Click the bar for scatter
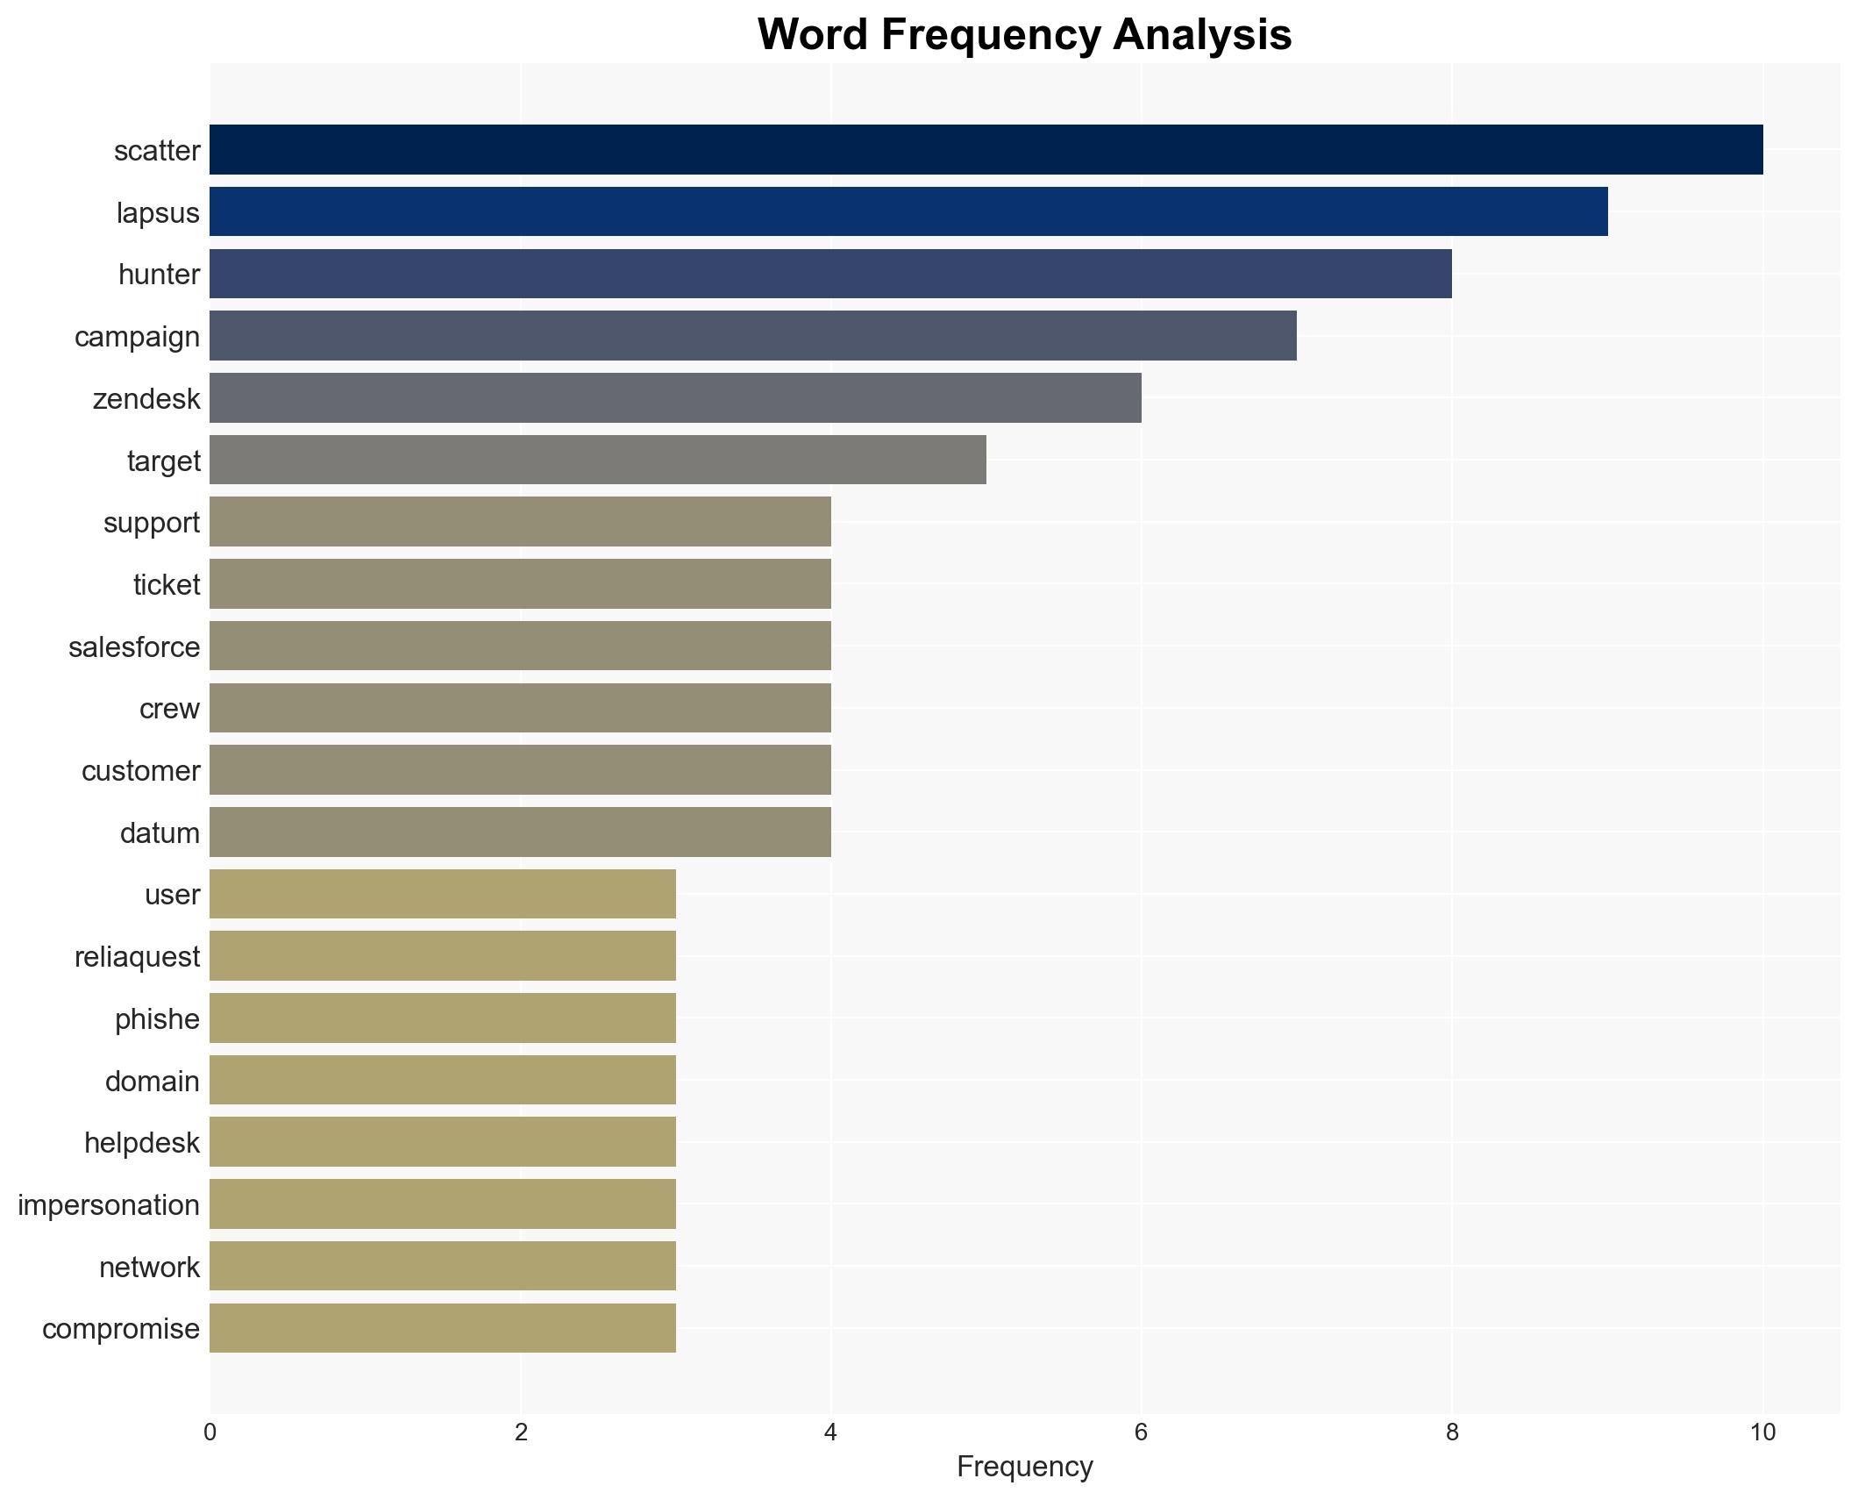986,150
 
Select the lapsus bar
908,212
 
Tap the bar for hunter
830,274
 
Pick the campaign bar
752,336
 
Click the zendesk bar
675,398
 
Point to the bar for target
597,461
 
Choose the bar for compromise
442,1328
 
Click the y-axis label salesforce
134,646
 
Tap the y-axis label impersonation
109,1204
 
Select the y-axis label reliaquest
137,956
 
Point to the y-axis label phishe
157,1018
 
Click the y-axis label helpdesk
142,1142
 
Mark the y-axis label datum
160,832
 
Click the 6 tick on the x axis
1141,1432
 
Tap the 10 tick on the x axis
1762,1432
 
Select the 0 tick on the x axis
210,1432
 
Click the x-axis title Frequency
1024,1467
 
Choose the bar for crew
520,708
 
